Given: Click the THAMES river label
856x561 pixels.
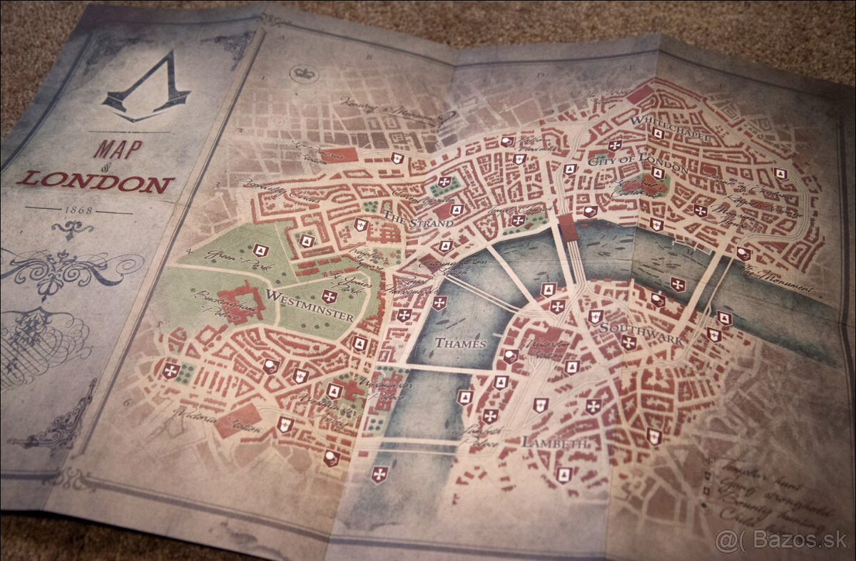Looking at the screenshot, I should pos(460,343).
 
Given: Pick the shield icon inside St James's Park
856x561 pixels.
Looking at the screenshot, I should pos(329,297).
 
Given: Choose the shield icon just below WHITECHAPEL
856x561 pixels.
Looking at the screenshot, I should pos(658,134).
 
